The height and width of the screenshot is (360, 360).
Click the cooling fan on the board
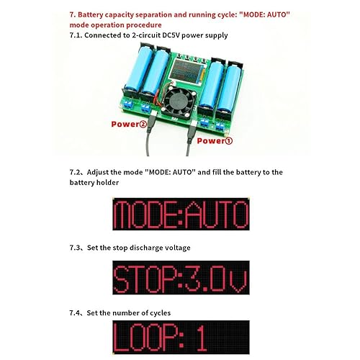(179, 102)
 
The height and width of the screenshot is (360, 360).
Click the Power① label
(215, 140)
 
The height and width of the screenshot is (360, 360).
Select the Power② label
(130, 124)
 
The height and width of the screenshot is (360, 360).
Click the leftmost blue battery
(138, 68)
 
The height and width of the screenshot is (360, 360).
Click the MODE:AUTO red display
(181, 214)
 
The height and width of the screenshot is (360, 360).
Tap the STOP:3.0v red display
(181, 277)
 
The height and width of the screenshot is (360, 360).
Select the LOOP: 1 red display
(181, 337)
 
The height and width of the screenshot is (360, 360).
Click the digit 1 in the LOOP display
(202, 338)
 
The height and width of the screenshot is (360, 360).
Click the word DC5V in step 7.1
(171, 35)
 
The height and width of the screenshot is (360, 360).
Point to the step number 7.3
(76, 248)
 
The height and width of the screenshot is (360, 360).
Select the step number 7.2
(76, 172)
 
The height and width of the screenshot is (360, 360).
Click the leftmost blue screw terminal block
(127, 104)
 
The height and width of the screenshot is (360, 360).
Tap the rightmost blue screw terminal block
(220, 126)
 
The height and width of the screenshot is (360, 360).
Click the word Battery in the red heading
(91, 14)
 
